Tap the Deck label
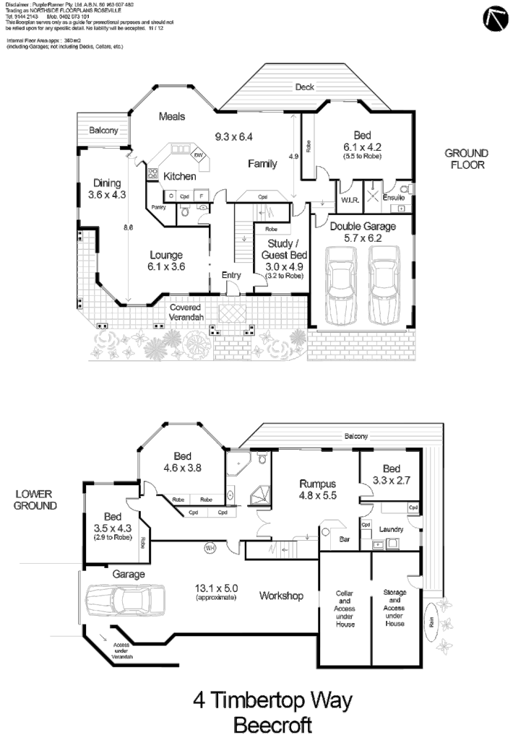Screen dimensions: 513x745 pyautogui.click(x=304, y=87)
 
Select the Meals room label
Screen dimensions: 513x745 pyautogui.click(x=172, y=116)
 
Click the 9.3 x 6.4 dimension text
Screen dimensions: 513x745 pyautogui.click(x=233, y=136)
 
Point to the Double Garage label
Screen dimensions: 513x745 pyautogui.click(x=363, y=227)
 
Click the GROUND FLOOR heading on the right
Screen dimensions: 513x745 pyautogui.click(x=466, y=159)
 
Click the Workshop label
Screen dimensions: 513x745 pyautogui.click(x=281, y=596)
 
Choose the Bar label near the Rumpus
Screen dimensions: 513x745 pyautogui.click(x=346, y=539)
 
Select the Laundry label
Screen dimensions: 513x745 pyautogui.click(x=391, y=529)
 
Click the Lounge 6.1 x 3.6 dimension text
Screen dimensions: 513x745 pyautogui.click(x=167, y=266)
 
